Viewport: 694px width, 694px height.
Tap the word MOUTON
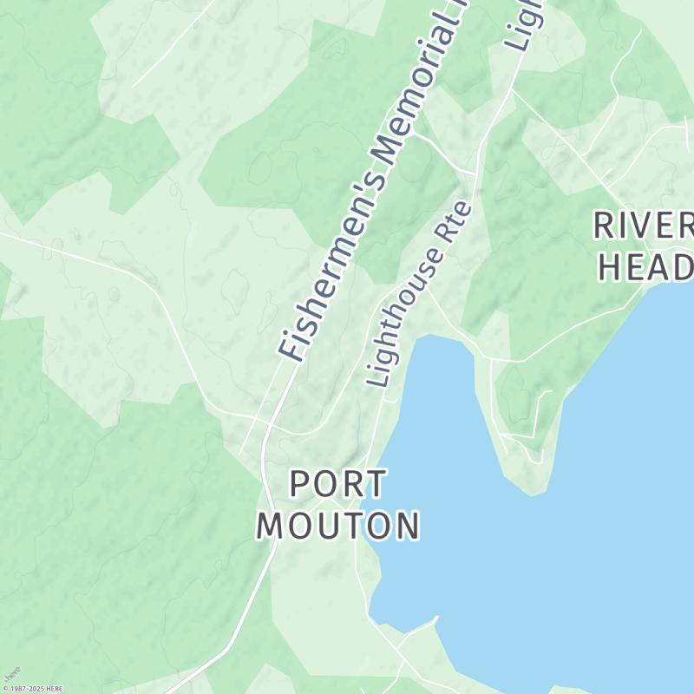(x=338, y=526)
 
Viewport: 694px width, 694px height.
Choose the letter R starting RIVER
(x=606, y=226)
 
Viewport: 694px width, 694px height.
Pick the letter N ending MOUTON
(x=406, y=526)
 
